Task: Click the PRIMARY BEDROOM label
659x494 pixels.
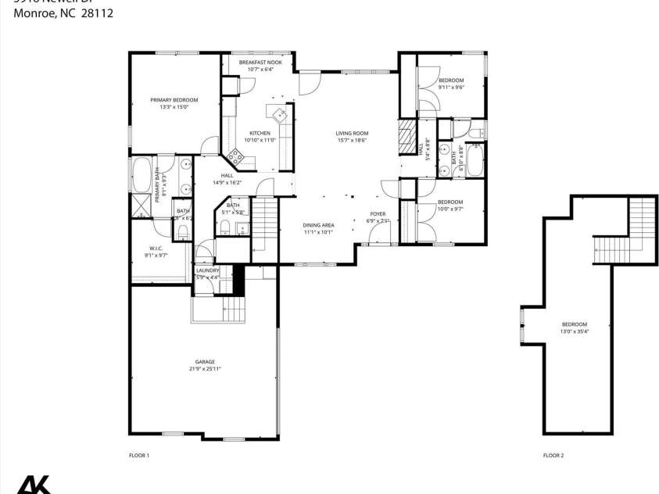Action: click(x=174, y=100)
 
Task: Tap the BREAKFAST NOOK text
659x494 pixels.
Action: click(x=260, y=63)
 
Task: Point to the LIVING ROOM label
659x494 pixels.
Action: click(x=352, y=133)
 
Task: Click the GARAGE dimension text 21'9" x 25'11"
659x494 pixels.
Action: click(x=202, y=369)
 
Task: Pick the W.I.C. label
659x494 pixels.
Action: click(x=156, y=249)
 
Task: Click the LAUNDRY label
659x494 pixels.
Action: click(x=207, y=270)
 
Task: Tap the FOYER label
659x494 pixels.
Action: click(x=378, y=214)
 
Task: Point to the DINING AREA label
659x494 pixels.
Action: click(x=318, y=225)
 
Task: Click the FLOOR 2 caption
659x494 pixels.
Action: click(x=553, y=455)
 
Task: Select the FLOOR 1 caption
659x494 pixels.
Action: click(x=138, y=455)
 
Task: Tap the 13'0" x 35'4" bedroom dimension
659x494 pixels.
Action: click(x=574, y=331)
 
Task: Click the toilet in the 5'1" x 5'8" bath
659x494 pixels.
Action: click(x=224, y=228)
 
